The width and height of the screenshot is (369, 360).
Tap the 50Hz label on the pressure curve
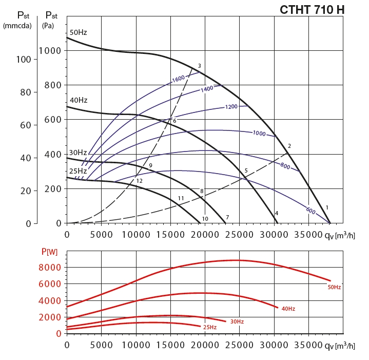point(78,32)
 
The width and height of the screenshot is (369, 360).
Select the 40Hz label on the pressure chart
point(78,100)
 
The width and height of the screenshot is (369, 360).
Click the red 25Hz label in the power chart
point(209,327)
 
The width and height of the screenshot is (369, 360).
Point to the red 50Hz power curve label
point(334,287)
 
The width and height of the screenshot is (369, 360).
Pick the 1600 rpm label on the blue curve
point(178,79)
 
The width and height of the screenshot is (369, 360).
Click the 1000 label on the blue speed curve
point(259,133)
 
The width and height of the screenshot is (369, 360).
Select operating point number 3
point(199,66)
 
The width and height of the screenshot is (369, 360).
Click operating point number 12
point(139,181)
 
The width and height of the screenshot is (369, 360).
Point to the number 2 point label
point(289,146)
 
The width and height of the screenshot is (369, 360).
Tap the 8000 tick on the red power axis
point(51,268)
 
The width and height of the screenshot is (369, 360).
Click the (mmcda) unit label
point(17,25)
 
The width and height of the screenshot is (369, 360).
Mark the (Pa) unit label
point(48,25)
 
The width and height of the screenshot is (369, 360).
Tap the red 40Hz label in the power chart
point(288,309)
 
